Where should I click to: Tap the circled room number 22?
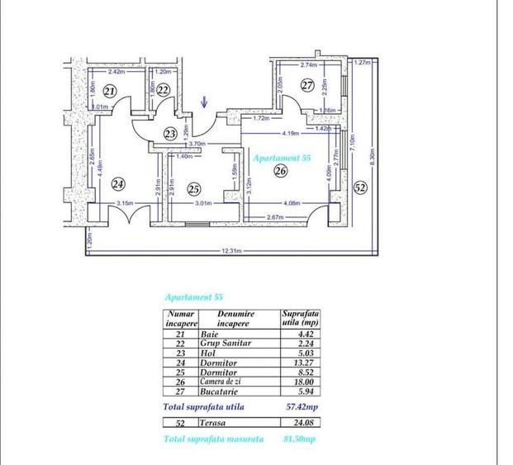pos(164,89)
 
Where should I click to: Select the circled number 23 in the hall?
pos(170,133)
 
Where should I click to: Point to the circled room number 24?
pos(119,183)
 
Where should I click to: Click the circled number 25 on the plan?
pos(194,187)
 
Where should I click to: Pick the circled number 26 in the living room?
pos(279,172)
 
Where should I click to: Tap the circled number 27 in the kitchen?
pos(307,85)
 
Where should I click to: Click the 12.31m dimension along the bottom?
pos(232,251)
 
